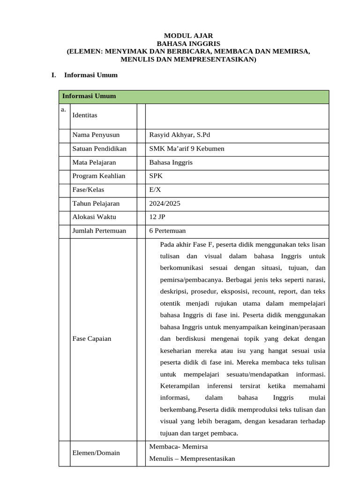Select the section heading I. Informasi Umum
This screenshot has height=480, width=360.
coord(85,75)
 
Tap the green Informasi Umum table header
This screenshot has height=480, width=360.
coord(89,96)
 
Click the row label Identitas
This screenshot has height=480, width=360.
coord(85,115)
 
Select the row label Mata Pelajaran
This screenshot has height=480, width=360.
coord(94,162)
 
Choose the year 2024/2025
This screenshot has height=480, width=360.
coord(165,204)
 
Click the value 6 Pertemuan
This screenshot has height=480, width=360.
coord(167,231)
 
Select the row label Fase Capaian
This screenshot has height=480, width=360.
coord(92,338)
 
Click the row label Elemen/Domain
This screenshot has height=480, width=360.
coord(96,453)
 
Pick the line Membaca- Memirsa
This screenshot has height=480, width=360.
coord(178,447)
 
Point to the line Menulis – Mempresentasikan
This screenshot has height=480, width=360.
coord(192,459)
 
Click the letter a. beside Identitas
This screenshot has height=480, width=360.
coord(63,110)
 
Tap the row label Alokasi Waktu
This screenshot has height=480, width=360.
coord(94,217)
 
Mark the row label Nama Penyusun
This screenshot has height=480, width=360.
coord(96,135)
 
